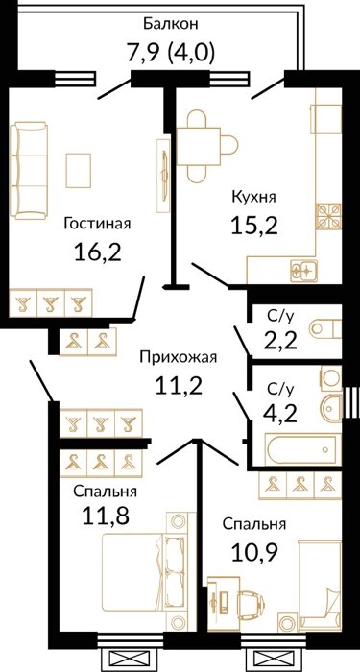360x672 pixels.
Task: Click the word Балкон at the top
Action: click(x=170, y=24)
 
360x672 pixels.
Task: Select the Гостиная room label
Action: click(x=97, y=224)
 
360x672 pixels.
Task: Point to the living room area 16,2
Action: click(x=98, y=252)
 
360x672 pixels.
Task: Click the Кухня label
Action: click(x=253, y=198)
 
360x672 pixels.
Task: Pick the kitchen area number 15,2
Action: click(x=254, y=225)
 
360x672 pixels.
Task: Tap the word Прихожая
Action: click(x=179, y=356)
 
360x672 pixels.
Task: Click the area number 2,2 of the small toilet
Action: click(x=278, y=341)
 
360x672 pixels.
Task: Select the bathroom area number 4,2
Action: click(x=280, y=414)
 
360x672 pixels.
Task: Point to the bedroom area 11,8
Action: click(x=105, y=516)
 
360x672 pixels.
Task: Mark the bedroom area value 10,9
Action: click(x=254, y=552)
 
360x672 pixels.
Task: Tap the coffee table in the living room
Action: click(x=79, y=170)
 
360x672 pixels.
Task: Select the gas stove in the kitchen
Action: click(x=328, y=216)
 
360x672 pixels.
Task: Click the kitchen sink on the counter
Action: click(x=303, y=272)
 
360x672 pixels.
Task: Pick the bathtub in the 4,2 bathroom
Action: click(x=300, y=449)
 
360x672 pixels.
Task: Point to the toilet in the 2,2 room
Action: click(x=325, y=329)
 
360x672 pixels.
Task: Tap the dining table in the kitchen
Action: click(x=200, y=146)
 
